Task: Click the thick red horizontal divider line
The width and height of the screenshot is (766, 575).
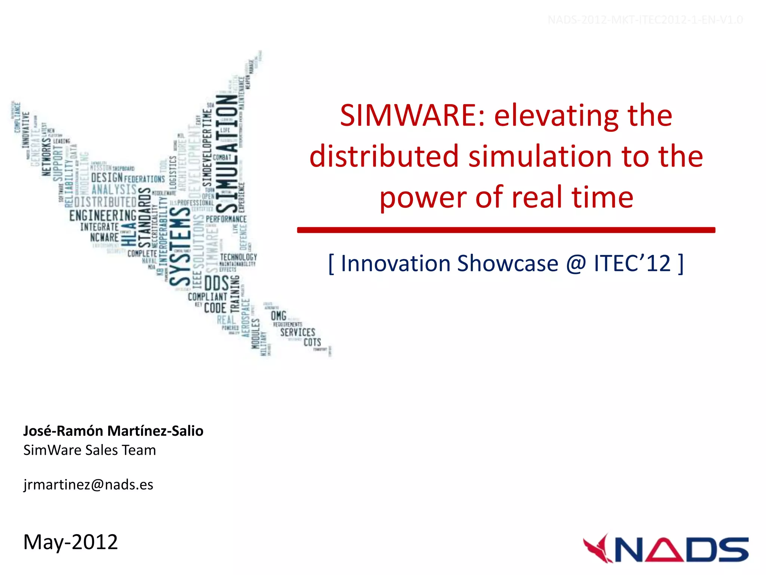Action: click(506, 230)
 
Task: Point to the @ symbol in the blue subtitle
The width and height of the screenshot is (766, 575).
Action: click(576, 264)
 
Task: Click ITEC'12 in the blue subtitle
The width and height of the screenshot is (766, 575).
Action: click(632, 264)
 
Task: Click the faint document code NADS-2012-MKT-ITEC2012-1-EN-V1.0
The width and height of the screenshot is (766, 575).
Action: click(645, 20)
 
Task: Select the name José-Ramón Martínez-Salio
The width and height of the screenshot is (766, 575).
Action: click(113, 431)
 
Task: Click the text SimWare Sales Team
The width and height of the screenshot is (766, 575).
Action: click(89, 450)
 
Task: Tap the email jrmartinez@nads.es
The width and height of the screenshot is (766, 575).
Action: click(88, 484)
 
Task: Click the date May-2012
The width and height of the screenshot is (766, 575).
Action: click(70, 542)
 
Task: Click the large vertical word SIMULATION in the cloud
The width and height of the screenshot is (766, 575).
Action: click(227, 153)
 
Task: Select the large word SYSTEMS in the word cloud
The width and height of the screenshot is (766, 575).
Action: click(180, 245)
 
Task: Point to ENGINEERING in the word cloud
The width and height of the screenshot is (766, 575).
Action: click(103, 216)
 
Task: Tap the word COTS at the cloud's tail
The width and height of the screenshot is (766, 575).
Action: click(312, 343)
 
